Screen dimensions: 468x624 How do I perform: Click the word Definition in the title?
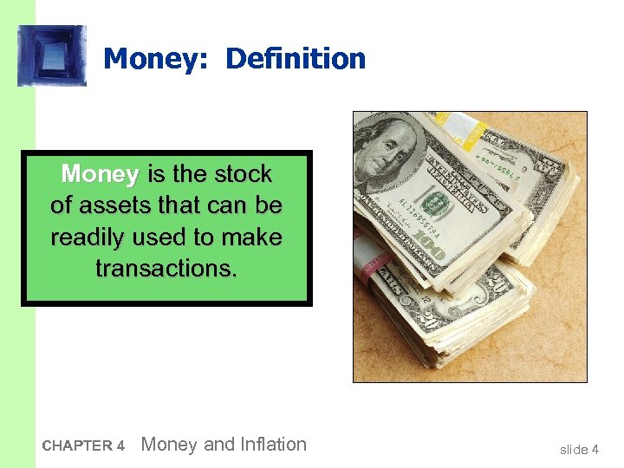296,60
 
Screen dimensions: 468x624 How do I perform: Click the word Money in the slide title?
158,60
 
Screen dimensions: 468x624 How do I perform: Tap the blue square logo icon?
52,55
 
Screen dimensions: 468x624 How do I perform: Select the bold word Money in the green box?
100,174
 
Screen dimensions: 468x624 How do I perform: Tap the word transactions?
166,269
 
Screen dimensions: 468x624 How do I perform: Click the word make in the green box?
252,237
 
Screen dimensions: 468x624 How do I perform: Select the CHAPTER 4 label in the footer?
84,446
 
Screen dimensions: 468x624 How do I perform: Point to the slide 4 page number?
579,449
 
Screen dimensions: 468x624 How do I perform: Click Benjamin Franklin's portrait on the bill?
388,153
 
